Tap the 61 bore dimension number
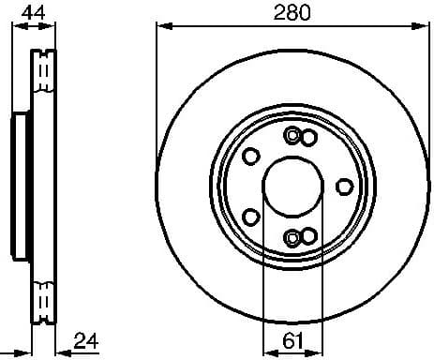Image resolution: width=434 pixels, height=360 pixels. coord(292,341)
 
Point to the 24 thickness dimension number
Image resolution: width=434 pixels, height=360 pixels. coord(85,340)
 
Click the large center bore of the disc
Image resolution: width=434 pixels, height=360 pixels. coord(292,186)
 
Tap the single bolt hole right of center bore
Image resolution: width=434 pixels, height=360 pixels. coord(343,186)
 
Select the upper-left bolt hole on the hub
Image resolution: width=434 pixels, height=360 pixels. coord(251,156)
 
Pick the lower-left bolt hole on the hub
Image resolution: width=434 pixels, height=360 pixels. coord(251,216)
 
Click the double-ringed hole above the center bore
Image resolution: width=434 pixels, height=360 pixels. coord(292,136)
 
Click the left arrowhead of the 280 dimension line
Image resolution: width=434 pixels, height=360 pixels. coord(160,27)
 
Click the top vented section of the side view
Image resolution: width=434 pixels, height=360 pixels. coord(42,75)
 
